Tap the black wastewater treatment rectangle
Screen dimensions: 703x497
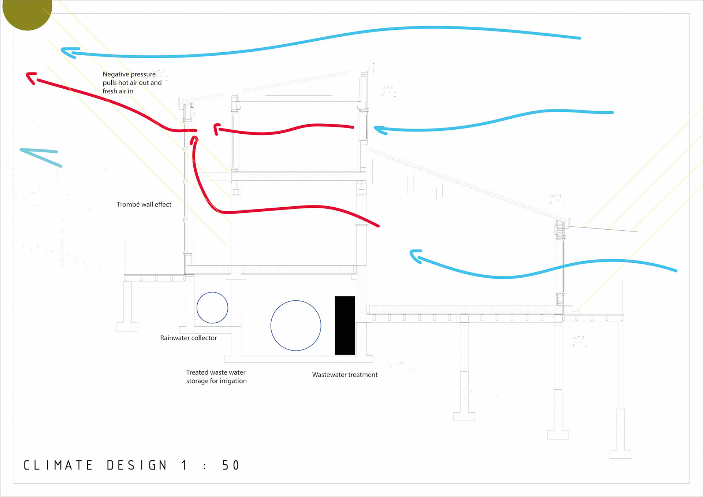click(345, 325)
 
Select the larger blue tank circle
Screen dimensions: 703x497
click(296, 325)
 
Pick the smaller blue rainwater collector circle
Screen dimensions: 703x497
click(212, 308)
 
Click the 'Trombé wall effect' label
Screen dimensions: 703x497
click(144, 204)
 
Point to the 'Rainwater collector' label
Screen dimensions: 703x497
click(188, 338)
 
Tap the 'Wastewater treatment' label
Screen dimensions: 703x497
click(345, 375)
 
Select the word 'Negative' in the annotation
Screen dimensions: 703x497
click(115, 74)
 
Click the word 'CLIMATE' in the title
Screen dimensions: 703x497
click(58, 465)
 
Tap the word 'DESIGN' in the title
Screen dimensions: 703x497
click(137, 465)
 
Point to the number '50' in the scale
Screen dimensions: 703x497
click(231, 465)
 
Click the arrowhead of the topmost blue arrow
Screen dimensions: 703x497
click(66, 52)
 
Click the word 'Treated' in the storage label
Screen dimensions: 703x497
click(197, 372)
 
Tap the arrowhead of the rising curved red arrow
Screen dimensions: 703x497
click(194, 139)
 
